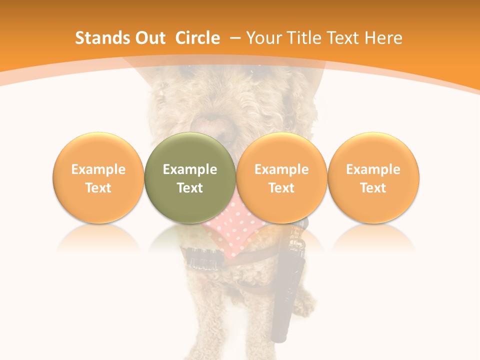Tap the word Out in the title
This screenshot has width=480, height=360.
pyautogui.click(x=150, y=38)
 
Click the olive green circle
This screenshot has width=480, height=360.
pyautogui.click(x=190, y=178)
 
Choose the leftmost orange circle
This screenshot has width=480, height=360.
pyautogui.click(x=98, y=178)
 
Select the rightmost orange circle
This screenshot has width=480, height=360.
pyautogui.click(x=373, y=178)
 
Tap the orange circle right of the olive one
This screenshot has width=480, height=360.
pyautogui.click(x=281, y=178)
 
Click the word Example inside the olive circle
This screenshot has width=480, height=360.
pyautogui.click(x=190, y=169)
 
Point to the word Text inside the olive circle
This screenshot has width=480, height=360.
pyautogui.click(x=190, y=188)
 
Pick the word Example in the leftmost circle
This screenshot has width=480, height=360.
pyautogui.click(x=98, y=169)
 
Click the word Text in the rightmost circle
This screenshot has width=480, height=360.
pyautogui.click(x=373, y=188)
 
